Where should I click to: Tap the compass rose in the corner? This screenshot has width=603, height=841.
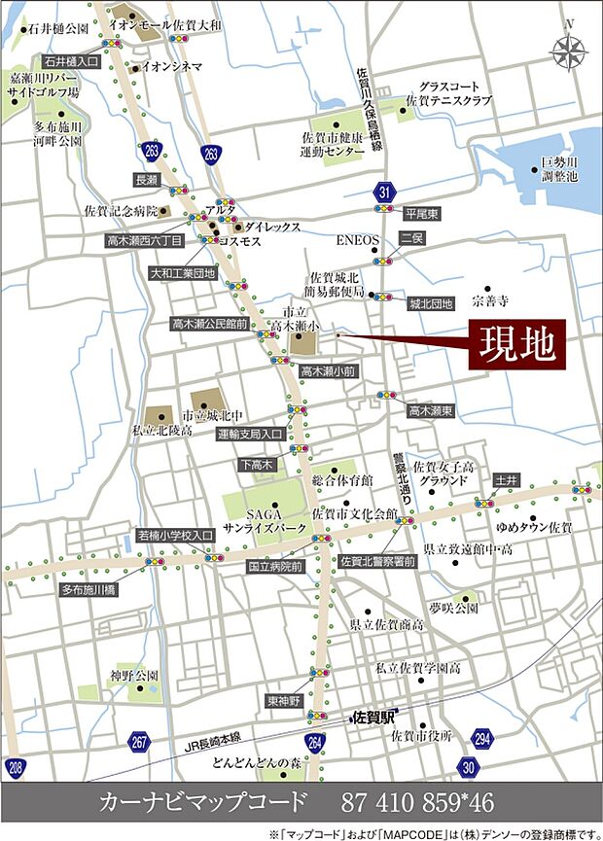pos(568,49)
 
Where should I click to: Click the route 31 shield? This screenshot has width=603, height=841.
pos(387,191)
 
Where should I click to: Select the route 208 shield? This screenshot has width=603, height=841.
pos(15,769)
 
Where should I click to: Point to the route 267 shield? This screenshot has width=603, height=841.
pos(140,744)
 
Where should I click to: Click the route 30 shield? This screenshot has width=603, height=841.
pos(469,768)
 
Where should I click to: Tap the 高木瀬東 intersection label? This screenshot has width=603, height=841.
pos(431,411)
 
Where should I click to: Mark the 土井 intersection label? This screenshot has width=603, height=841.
pos(506,480)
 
